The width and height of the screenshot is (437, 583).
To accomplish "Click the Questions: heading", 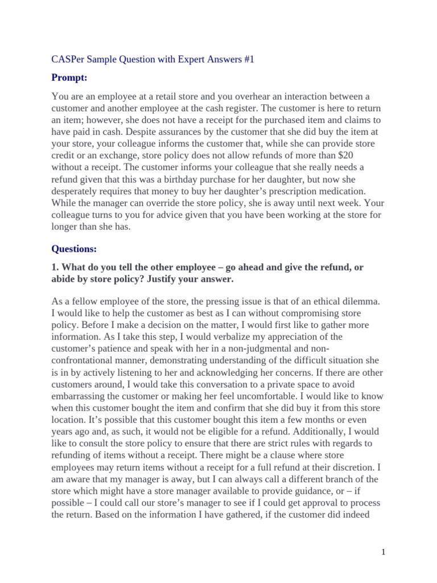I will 74,248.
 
